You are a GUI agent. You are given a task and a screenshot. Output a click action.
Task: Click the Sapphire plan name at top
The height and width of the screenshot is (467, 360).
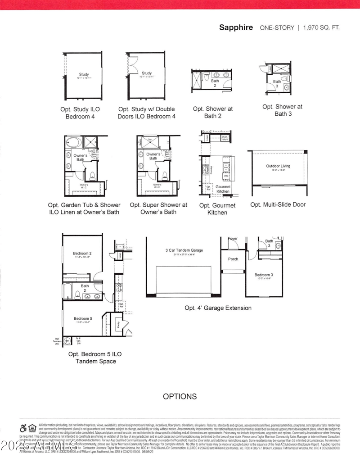(x=236, y=27)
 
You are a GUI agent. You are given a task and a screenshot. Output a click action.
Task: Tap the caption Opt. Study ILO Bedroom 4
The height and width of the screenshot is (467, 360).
(x=80, y=113)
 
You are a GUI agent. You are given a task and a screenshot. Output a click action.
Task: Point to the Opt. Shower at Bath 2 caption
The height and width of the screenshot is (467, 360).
(x=213, y=113)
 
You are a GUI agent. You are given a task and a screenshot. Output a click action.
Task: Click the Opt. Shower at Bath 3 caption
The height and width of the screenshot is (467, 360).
(x=283, y=110)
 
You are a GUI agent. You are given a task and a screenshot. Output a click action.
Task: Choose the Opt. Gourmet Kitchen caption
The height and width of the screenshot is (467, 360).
(x=217, y=209)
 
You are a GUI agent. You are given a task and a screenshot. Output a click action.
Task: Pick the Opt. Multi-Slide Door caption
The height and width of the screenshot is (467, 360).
(x=278, y=204)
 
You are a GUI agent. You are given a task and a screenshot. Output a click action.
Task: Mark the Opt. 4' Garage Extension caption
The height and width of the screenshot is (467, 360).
(x=218, y=308)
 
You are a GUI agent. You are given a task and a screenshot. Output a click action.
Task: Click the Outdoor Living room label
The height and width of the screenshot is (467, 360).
(x=278, y=166)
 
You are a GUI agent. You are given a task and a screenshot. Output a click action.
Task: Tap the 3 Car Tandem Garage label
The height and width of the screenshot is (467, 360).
(x=184, y=250)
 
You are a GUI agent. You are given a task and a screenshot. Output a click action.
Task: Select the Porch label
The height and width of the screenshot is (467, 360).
(x=233, y=259)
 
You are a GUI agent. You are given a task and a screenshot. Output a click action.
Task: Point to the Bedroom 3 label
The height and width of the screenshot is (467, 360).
(x=263, y=275)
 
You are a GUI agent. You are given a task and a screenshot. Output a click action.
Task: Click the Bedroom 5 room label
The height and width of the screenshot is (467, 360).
(x=82, y=318)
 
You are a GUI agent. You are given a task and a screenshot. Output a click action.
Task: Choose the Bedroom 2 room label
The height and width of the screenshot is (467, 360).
(x=82, y=254)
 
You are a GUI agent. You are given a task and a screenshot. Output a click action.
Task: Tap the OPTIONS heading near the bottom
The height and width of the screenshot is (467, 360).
(x=180, y=396)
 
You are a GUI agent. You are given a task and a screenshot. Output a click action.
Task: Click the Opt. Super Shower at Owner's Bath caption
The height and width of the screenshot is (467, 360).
(x=158, y=208)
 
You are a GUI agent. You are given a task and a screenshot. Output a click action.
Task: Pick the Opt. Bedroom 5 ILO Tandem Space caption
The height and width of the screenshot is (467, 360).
(x=95, y=358)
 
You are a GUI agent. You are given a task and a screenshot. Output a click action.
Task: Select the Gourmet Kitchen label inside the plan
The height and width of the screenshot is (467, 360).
(x=223, y=189)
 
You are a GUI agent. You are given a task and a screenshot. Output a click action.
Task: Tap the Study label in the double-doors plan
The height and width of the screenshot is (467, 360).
(x=147, y=73)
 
